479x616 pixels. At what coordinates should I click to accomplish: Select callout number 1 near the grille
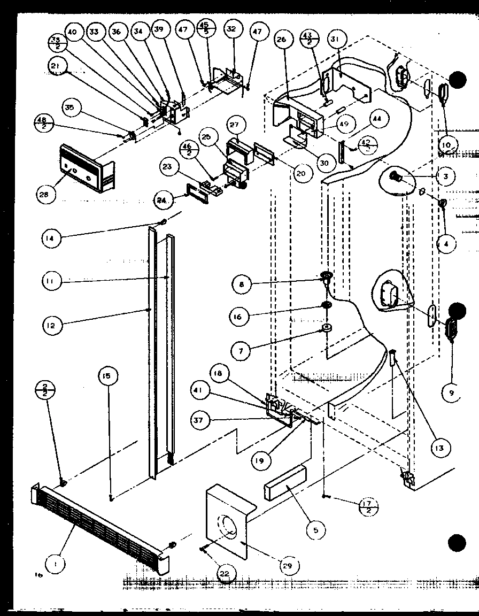(x=54, y=562)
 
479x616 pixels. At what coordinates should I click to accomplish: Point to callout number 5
(x=316, y=530)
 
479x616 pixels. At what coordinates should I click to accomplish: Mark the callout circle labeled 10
(x=448, y=144)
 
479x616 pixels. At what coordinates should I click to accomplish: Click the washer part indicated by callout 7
(x=324, y=327)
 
